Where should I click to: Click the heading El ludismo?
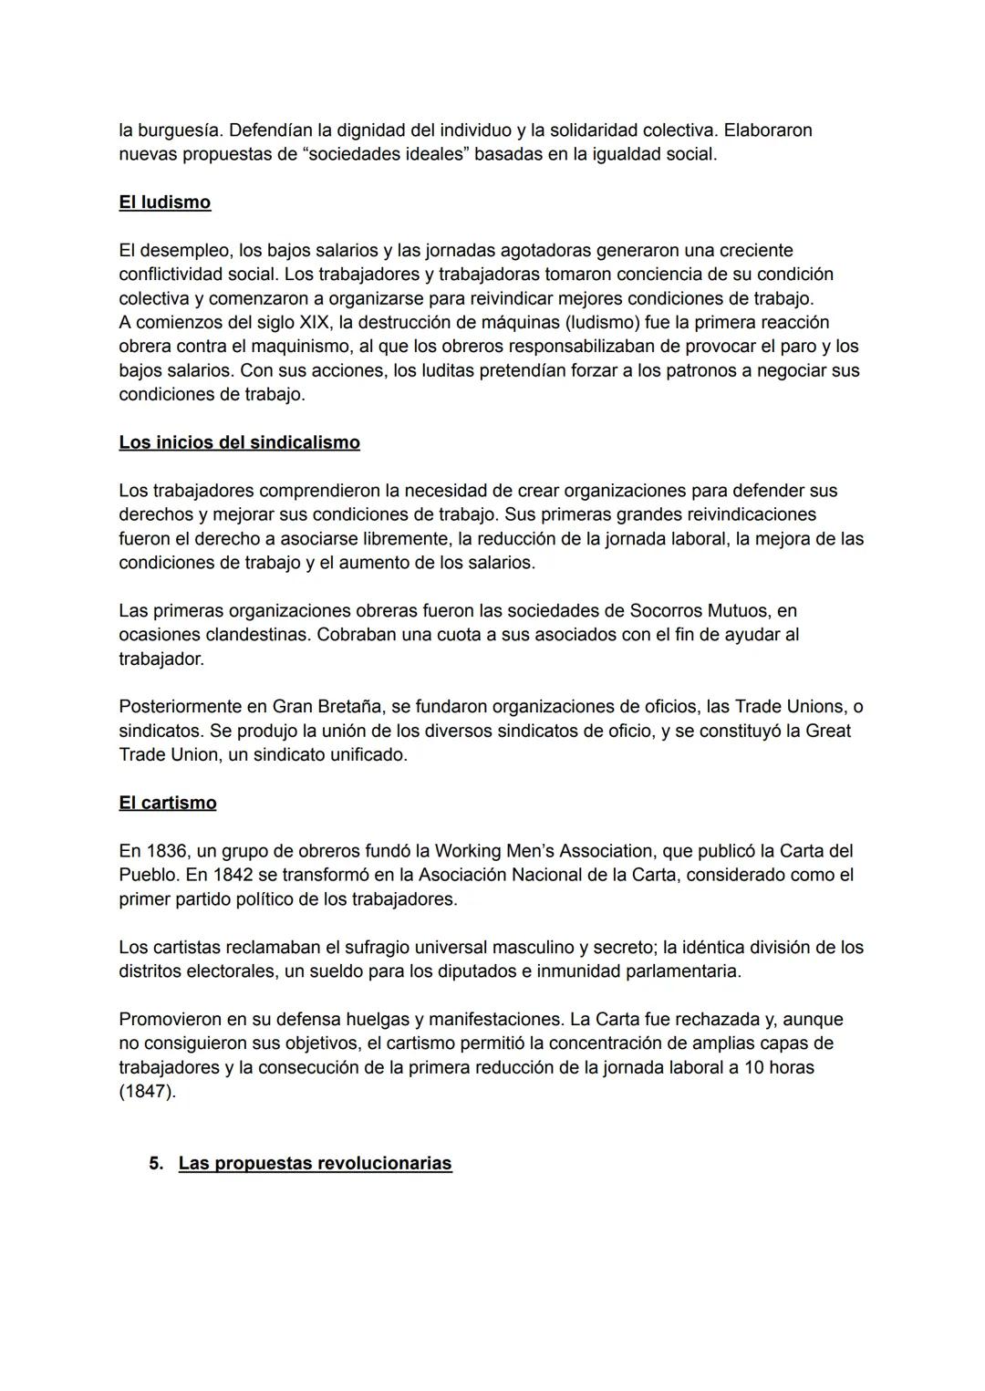164,202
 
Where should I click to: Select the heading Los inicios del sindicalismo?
239,442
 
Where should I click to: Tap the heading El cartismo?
167,803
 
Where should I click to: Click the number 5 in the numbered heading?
155,1164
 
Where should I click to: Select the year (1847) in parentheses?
147,1091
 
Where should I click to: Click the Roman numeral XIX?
316,323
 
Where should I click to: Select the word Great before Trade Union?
827,731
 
